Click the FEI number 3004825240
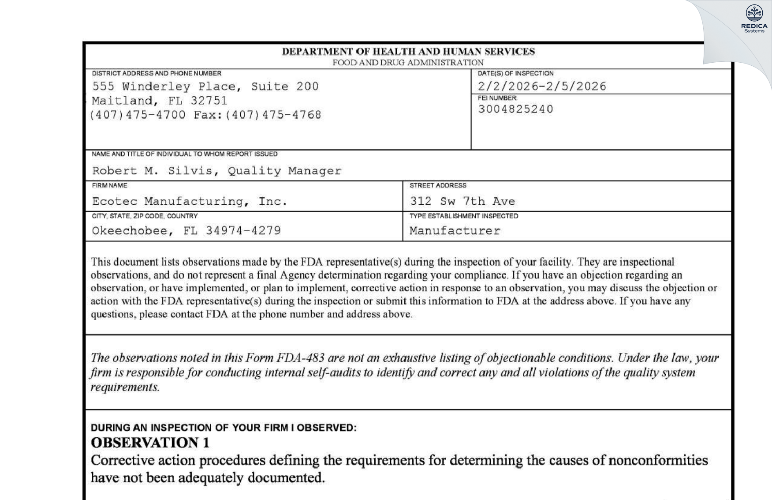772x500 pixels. click(515, 109)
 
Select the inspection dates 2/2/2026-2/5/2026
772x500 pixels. click(542, 86)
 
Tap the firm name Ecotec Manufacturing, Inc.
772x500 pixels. click(190, 201)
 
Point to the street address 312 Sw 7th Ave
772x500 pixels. click(462, 201)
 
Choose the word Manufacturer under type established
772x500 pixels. click(455, 231)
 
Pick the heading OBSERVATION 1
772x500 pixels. click(150, 443)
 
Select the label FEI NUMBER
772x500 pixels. click(497, 98)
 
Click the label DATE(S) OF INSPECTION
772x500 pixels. click(515, 73)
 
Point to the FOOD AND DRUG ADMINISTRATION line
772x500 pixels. click(408, 63)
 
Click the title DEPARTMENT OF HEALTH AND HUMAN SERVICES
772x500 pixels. click(408, 52)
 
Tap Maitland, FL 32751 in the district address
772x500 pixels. click(160, 101)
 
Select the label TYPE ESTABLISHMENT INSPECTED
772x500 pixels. click(463, 216)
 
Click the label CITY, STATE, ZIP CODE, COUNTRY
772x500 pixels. click(145, 216)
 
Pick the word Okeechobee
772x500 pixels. click(129, 231)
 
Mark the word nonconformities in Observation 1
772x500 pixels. click(658, 461)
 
